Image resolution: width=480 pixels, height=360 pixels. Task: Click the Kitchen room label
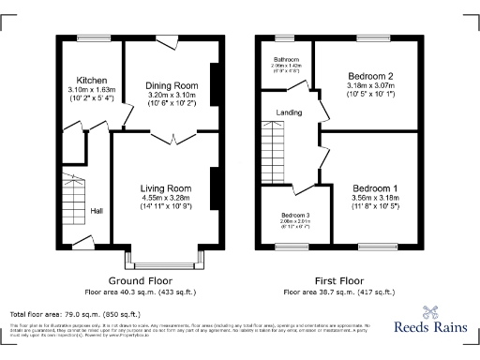[92, 81]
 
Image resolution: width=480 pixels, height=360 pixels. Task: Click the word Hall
[97, 211]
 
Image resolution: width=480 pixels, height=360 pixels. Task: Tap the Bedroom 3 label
[296, 214]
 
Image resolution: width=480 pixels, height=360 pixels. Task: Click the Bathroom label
[287, 59]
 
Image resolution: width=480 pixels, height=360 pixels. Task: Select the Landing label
[289, 113]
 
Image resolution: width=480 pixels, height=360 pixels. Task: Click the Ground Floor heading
[139, 280]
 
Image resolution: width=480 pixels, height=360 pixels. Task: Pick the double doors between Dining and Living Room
[165, 138]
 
